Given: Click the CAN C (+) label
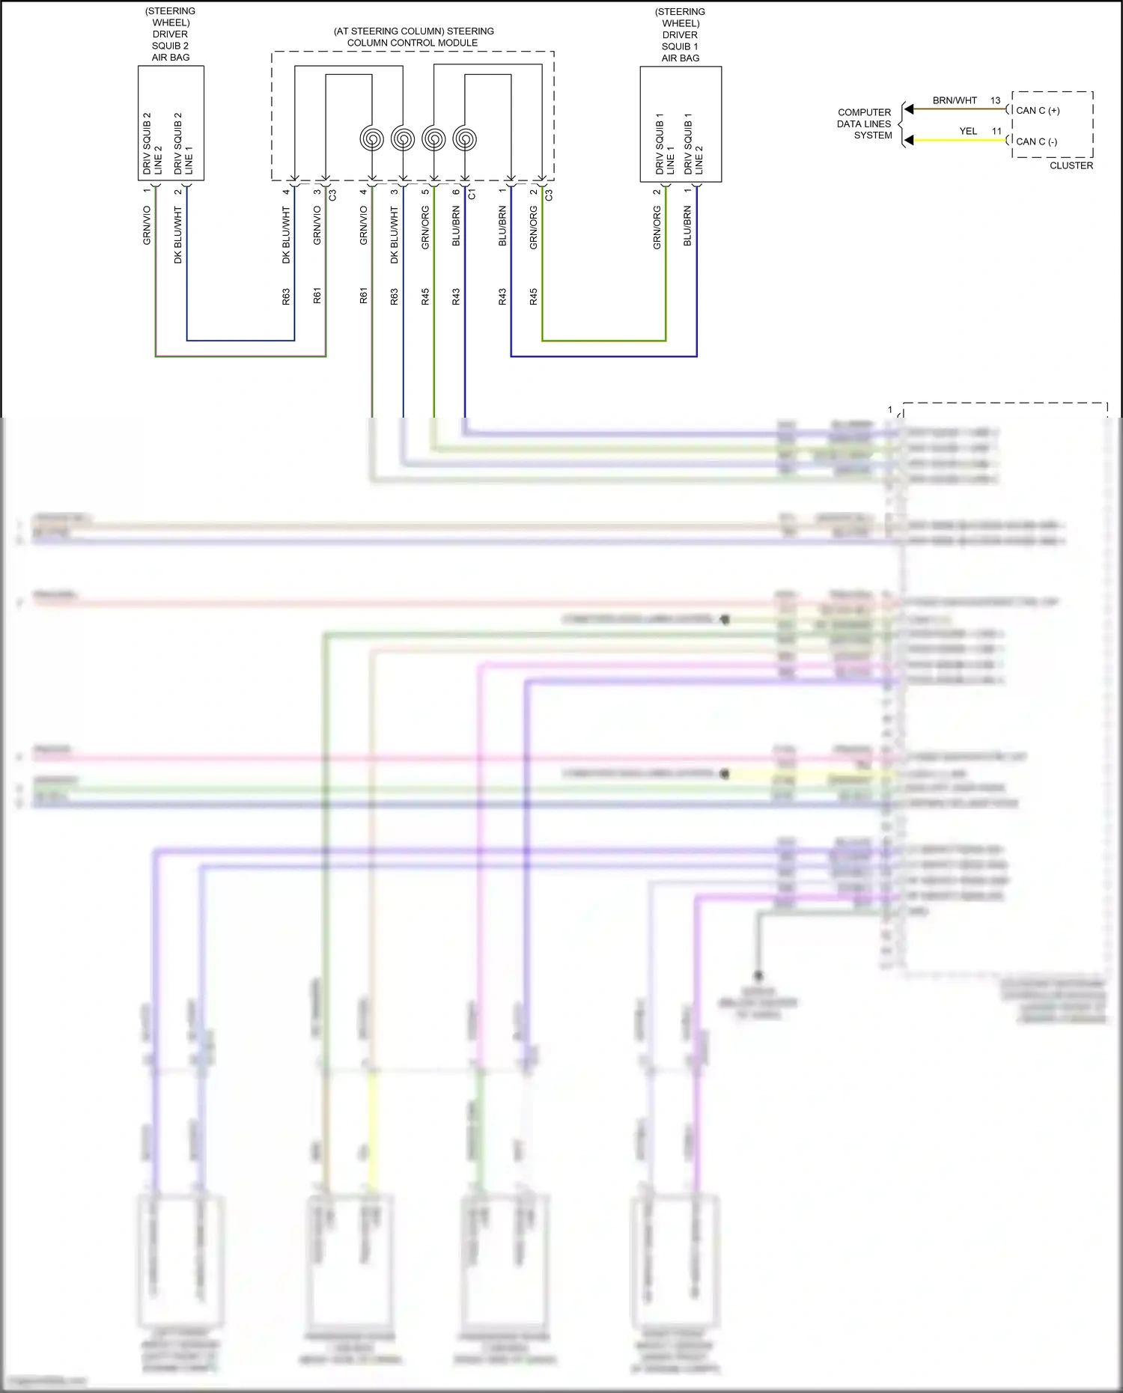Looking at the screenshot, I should (1038, 111).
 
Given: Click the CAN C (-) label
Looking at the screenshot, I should (1036, 141).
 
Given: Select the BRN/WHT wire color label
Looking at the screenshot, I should (955, 100).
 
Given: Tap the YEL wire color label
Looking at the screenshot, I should (968, 131).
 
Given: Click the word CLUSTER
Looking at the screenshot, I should (1071, 165).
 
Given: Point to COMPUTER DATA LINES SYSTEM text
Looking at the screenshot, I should (865, 124).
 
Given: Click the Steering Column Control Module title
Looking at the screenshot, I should (413, 37).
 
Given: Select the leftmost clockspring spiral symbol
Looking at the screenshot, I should (372, 139).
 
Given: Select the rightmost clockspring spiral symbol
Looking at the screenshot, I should (465, 139).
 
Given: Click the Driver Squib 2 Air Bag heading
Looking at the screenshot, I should (171, 34).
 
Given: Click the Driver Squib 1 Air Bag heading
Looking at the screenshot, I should (681, 34).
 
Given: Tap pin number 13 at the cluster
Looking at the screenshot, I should (995, 100).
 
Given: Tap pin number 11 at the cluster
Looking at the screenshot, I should (996, 131).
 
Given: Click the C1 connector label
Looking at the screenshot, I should (472, 195).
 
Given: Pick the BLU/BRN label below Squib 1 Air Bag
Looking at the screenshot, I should (687, 227).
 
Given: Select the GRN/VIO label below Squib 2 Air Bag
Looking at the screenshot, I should (147, 225).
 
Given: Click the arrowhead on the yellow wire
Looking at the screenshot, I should (909, 140).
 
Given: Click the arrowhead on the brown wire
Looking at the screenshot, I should (909, 109).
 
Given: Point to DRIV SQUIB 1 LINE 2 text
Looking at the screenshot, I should (693, 144).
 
